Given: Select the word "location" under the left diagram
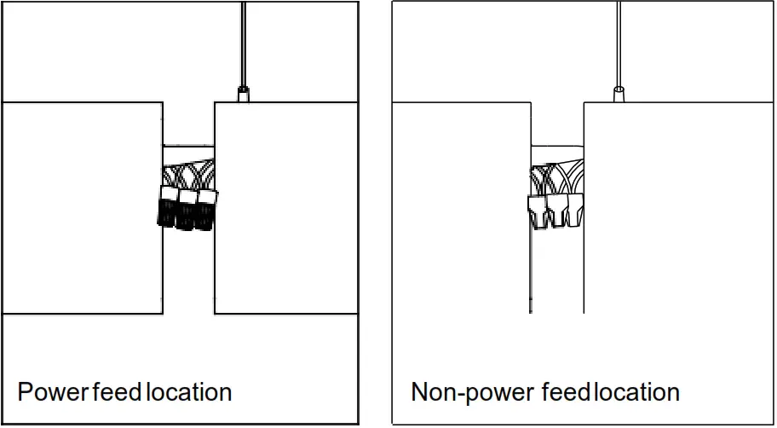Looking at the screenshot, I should click(189, 392).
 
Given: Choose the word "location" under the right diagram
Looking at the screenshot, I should click(637, 392).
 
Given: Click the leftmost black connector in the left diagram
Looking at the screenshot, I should click(168, 207).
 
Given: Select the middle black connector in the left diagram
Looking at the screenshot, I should click(187, 210).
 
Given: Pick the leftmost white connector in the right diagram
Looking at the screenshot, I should click(538, 211).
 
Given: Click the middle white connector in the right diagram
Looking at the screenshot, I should click(557, 210).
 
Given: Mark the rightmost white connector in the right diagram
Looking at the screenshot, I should click(575, 209).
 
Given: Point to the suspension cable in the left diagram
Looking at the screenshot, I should click(243, 43).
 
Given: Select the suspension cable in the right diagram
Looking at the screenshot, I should click(619, 43).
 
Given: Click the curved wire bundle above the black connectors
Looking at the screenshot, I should click(189, 175).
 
